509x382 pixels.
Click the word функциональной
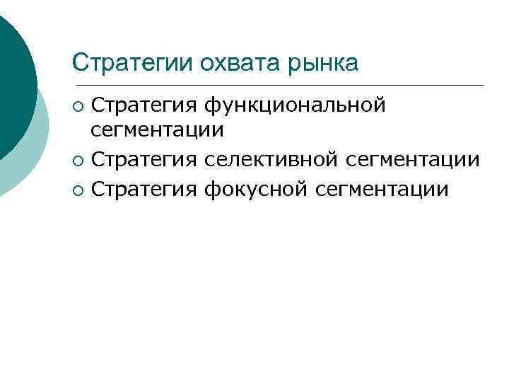295,106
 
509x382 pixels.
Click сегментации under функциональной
158,131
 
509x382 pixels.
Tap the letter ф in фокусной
211,190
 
